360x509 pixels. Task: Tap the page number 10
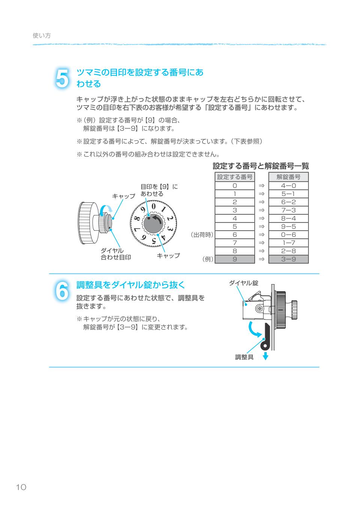click(21, 487)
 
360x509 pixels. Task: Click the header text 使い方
click(42, 36)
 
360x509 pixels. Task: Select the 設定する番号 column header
click(235, 177)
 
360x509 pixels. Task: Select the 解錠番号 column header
click(288, 177)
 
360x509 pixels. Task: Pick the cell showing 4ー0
click(288, 186)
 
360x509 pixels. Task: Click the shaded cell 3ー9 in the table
click(288, 259)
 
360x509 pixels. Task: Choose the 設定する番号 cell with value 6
click(235, 235)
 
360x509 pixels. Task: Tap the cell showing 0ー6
click(288, 235)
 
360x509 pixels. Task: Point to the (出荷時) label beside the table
click(202, 235)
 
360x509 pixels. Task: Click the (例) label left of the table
click(208, 259)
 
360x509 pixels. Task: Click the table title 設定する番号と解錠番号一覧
click(261, 166)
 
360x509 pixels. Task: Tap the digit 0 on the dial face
click(153, 207)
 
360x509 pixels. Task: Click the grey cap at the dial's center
click(153, 224)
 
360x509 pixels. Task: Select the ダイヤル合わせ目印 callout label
click(115, 254)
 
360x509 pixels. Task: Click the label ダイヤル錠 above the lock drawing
click(243, 283)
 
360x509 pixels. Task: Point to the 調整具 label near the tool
click(244, 357)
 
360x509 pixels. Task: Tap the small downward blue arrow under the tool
click(265, 356)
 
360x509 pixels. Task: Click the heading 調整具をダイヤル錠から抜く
click(131, 285)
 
